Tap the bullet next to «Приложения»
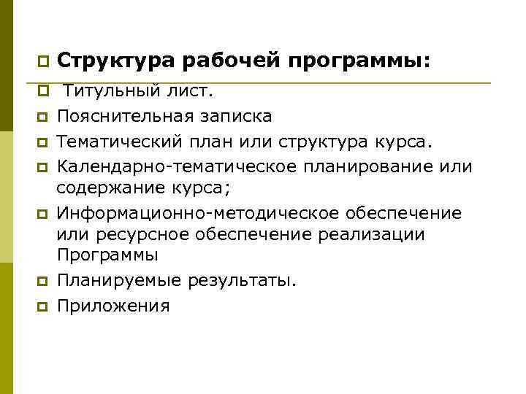click(x=43, y=305)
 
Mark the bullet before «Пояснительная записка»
click(x=43, y=116)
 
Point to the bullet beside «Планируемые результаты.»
click(x=43, y=282)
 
